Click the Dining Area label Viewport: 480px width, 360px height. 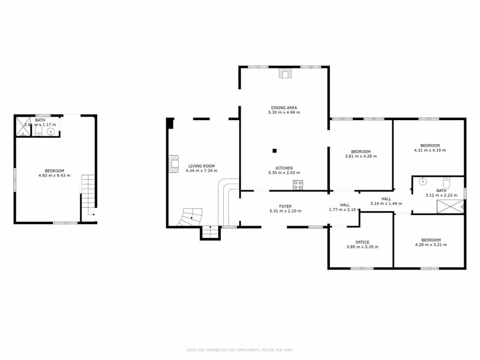pyautogui.click(x=284, y=108)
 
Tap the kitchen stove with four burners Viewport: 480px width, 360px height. pyautogui.click(x=298, y=185)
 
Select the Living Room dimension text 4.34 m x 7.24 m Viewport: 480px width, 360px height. pyautogui.click(x=201, y=171)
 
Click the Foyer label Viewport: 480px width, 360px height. pyautogui.click(x=285, y=206)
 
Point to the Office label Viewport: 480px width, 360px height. pyautogui.click(x=362, y=242)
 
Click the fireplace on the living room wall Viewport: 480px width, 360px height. pyautogui.click(x=174, y=164)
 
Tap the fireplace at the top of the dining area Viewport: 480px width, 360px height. pyautogui.click(x=285, y=73)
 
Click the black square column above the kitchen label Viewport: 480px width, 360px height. pyautogui.click(x=274, y=151)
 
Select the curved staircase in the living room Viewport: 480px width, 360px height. pyautogui.click(x=190, y=217)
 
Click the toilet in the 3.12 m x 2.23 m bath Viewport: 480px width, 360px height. pyautogui.click(x=446, y=182)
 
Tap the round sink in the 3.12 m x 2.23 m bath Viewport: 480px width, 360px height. pyautogui.click(x=423, y=181)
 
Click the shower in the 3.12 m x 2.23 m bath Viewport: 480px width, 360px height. pyautogui.click(x=450, y=207)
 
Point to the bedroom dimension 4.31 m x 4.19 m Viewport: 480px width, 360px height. pyautogui.click(x=430, y=150)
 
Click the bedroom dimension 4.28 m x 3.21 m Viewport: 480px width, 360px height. pyautogui.click(x=430, y=245)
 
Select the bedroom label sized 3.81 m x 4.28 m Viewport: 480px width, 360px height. pyautogui.click(x=361, y=151)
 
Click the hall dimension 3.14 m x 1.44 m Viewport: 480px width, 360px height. pyautogui.click(x=386, y=203)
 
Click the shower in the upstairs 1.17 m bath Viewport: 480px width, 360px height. pyautogui.click(x=23, y=126)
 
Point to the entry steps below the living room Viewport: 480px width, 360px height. pyautogui.click(x=210, y=233)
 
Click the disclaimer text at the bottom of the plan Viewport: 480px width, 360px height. pyautogui.click(x=240, y=350)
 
